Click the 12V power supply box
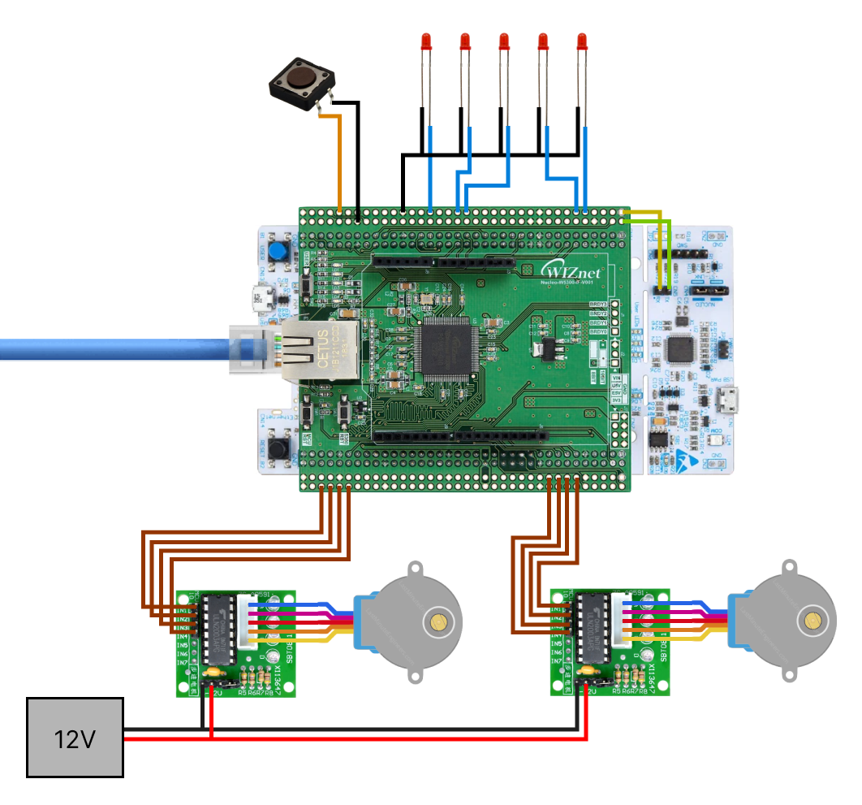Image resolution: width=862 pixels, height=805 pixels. (75, 738)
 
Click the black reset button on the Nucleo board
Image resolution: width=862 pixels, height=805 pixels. (281, 448)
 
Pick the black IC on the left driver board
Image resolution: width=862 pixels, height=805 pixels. (218, 630)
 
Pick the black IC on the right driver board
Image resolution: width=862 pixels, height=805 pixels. (593, 630)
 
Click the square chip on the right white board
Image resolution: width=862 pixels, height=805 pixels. (679, 350)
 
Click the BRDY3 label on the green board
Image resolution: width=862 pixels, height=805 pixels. (598, 304)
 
